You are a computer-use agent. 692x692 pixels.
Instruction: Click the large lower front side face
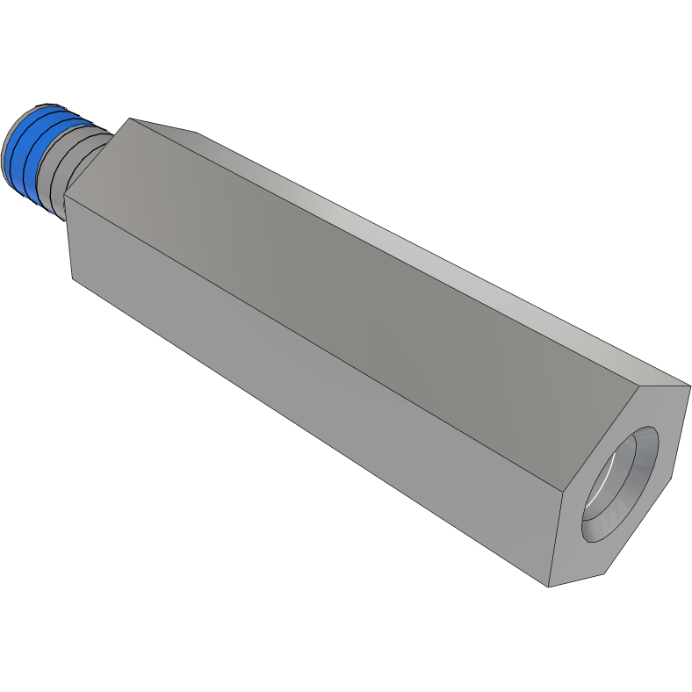[307, 395]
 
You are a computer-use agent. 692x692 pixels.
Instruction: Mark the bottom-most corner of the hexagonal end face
[549, 587]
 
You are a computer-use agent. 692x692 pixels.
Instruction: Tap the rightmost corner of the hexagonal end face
[690, 385]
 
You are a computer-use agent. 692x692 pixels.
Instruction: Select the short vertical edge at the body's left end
[69, 237]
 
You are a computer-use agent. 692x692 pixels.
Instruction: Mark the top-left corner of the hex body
[129, 119]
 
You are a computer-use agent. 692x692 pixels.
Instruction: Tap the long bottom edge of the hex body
[307, 430]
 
